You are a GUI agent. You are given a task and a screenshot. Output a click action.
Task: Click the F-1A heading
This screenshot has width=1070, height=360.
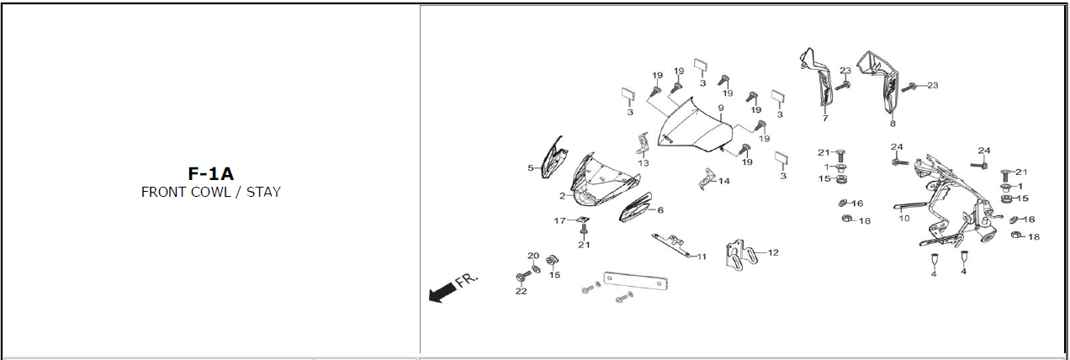pos(210,174)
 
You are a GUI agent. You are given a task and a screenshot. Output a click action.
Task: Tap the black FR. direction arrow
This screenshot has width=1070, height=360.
pos(442,292)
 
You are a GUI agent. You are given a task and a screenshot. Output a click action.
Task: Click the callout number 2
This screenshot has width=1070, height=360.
pos(563,196)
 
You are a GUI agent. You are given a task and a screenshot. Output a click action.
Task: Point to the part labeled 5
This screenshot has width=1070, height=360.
pos(554,157)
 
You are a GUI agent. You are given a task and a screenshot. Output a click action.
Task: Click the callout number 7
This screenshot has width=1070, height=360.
pos(825,118)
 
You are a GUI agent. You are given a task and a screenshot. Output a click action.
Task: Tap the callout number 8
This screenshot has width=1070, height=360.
pos(893,124)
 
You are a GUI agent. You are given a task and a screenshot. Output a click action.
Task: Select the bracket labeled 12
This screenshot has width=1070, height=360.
pos(741,256)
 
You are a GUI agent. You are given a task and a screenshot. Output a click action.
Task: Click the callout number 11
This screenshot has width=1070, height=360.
pos(702,257)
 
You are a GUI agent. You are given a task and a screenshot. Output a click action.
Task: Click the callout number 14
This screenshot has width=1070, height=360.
pos(724,181)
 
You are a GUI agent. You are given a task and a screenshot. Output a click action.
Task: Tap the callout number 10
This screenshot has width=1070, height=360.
pos(904,218)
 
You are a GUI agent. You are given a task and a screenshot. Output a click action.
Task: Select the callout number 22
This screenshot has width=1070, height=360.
pos(522,291)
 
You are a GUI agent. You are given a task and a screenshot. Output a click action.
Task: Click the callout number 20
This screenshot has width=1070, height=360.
pos(533,256)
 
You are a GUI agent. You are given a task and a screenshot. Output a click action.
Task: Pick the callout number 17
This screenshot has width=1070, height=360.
pos(560,220)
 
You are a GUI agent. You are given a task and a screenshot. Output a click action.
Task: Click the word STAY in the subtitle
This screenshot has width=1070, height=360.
pos(263,192)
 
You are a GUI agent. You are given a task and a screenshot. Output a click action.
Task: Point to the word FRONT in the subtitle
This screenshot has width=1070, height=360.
pos(163,192)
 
